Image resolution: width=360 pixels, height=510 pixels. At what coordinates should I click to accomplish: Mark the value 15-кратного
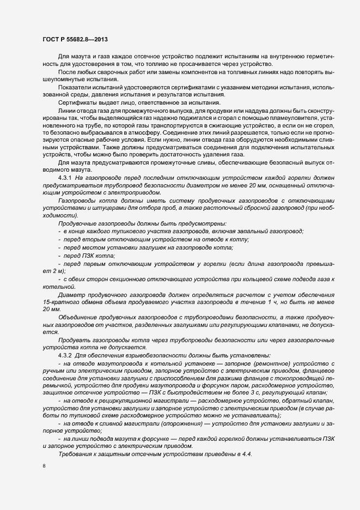(59, 301)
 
